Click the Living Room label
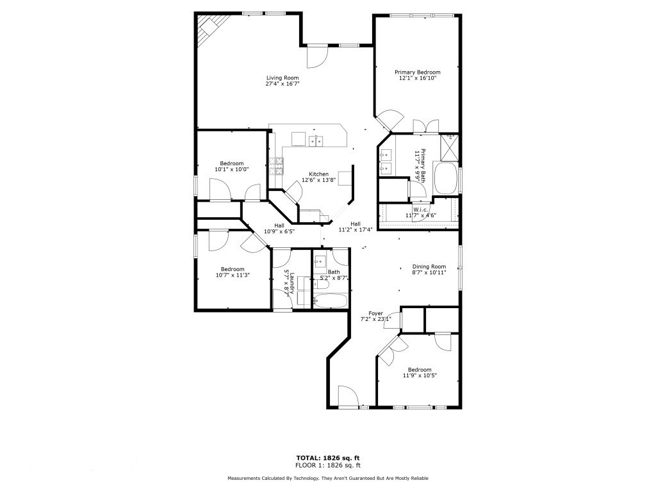click(283, 78)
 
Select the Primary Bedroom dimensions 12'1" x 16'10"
click(417, 79)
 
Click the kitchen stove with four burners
click(277, 167)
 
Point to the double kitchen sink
click(316, 141)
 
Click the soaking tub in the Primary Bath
click(446, 178)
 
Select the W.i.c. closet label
click(420, 209)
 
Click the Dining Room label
click(429, 266)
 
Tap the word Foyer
click(375, 313)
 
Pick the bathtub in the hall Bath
click(331, 300)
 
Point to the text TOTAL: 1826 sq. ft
click(327, 457)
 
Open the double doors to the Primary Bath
click(425, 126)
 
